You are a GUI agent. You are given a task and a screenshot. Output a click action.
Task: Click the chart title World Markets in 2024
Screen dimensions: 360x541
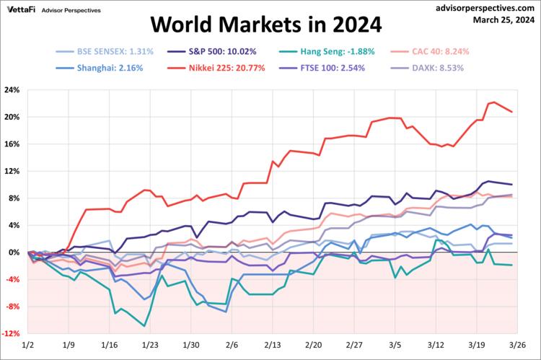(265, 25)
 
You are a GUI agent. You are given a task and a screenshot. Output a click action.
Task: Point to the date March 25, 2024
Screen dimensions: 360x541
(503, 19)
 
